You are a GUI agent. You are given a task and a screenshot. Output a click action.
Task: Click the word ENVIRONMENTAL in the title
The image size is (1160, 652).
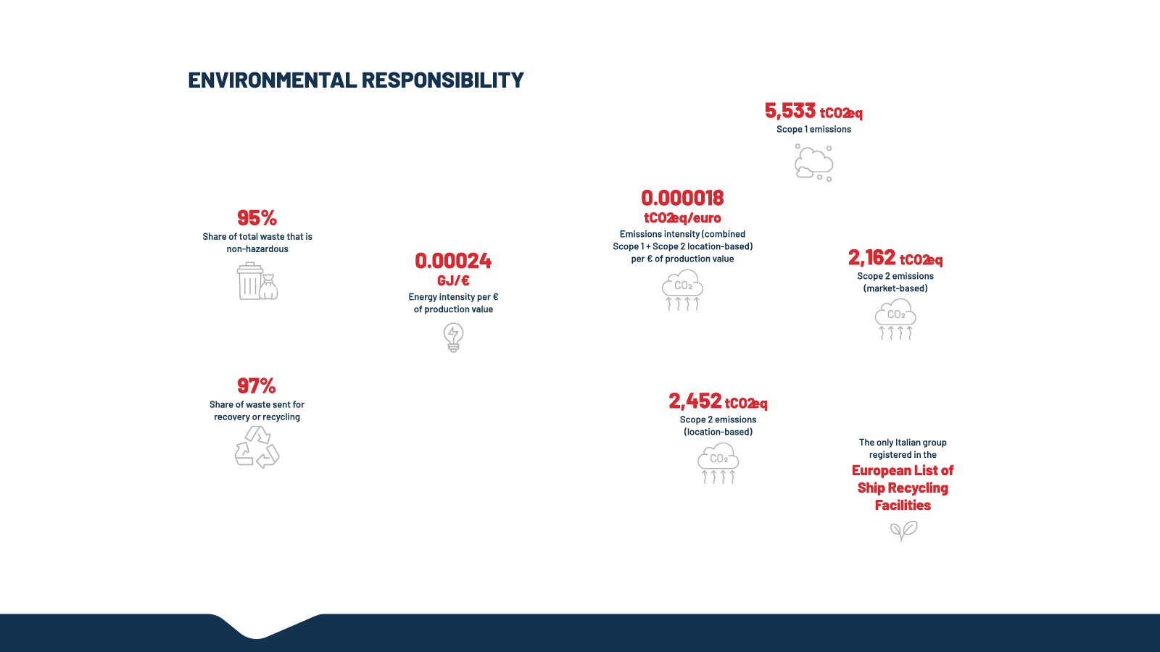272,80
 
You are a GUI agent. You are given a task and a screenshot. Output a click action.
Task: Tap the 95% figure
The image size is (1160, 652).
257,218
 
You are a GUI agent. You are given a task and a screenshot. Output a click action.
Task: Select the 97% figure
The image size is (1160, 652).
257,386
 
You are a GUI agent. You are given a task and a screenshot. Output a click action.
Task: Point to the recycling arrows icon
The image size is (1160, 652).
257,446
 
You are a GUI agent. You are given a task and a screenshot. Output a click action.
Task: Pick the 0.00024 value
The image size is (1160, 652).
453,261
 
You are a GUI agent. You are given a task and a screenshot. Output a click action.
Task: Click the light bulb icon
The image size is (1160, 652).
453,337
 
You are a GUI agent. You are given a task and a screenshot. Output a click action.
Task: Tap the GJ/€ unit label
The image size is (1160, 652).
453,280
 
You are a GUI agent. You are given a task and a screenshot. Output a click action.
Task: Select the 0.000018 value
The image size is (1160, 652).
682,198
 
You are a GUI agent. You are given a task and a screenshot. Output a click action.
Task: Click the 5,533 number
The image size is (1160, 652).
790,111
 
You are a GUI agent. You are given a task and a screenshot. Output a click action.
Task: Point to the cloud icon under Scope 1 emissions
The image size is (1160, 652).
813,162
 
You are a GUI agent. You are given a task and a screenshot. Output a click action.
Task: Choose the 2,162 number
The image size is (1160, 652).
872,258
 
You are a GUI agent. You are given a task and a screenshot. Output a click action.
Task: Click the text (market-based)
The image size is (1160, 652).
895,288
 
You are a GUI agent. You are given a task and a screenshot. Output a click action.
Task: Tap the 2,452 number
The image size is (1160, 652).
695,401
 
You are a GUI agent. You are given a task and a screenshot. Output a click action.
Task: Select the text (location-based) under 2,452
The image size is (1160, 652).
718,432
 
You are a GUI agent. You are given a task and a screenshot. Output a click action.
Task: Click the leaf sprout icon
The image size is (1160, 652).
903,531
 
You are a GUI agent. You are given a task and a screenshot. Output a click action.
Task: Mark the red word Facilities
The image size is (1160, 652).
903,505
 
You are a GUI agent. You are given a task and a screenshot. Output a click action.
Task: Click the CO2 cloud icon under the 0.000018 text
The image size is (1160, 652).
682,291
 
